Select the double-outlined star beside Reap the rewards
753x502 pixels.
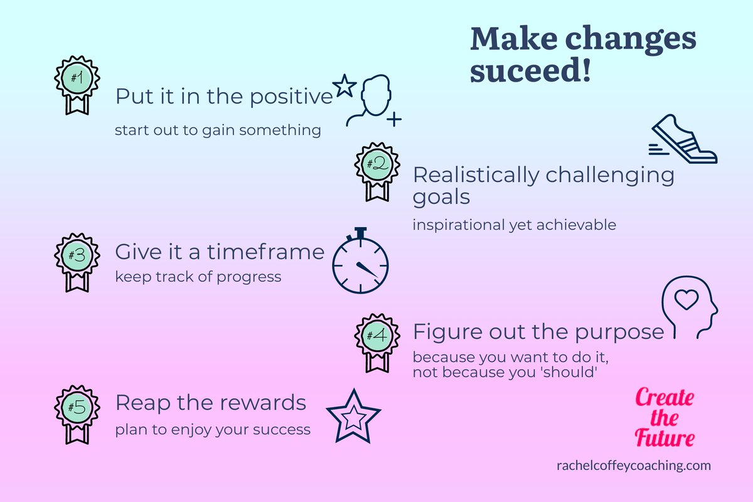(354, 415)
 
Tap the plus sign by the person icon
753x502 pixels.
(394, 119)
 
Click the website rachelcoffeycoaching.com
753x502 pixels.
(633, 466)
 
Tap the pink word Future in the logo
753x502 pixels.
(665, 437)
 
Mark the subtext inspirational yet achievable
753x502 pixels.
(514, 225)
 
